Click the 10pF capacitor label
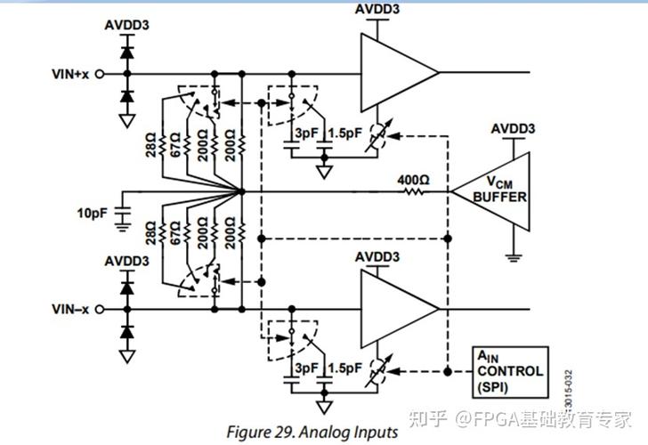(92, 213)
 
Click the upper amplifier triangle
(394, 72)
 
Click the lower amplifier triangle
(394, 309)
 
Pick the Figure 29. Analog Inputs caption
(312, 432)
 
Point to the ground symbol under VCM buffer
(514, 258)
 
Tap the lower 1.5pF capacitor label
(344, 368)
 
